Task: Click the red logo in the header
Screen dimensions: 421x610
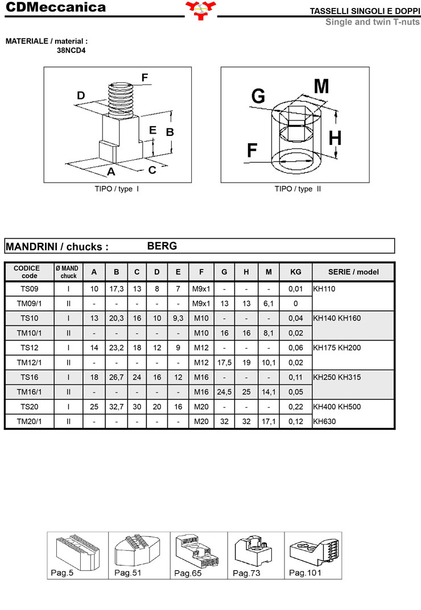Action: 201,10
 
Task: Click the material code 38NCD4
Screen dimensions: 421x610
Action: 71,51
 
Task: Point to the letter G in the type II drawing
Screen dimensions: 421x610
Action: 258,96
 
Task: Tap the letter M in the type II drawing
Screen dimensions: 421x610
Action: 321,86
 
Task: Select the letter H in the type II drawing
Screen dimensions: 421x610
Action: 335,138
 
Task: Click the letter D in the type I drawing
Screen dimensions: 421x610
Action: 81,96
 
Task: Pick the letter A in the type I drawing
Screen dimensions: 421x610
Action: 111,172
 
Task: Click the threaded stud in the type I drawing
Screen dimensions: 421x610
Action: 121,100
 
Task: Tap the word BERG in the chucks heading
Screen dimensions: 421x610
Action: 162,246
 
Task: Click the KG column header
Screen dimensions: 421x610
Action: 296,272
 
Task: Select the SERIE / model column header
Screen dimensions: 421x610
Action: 353,272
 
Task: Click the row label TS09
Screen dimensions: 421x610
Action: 29,289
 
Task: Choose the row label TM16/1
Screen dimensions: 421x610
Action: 29,392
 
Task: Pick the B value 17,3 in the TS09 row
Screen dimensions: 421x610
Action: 117,289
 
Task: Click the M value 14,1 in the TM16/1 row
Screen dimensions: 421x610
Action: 269,392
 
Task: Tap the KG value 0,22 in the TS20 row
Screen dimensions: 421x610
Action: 296,406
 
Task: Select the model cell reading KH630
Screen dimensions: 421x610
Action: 324,421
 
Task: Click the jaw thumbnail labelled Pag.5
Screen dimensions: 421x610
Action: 77,555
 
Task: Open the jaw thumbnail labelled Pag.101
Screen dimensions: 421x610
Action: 313,555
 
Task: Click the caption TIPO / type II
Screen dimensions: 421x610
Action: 298,189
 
